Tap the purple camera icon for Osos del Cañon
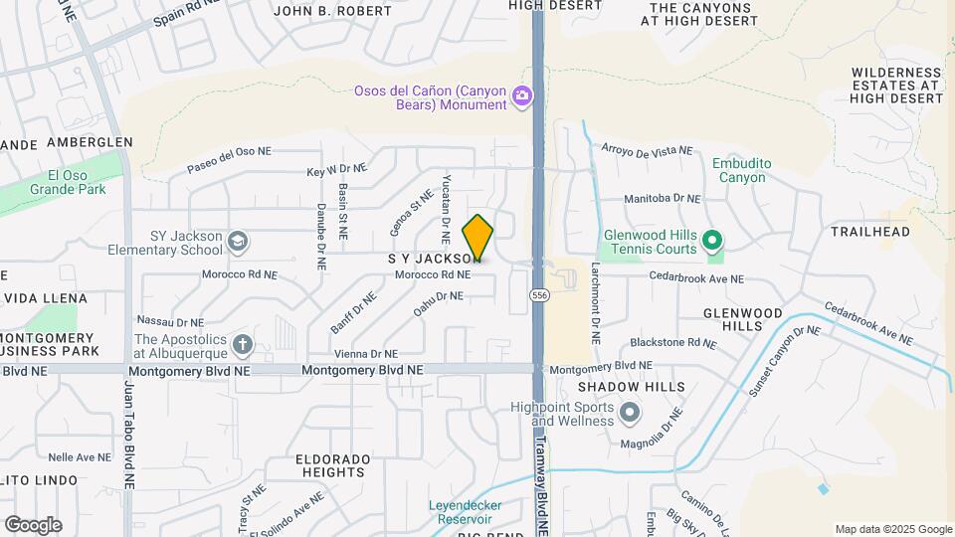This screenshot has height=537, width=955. (x=522, y=96)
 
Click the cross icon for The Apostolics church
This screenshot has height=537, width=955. (x=242, y=345)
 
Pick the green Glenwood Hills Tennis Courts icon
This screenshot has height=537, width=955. (x=712, y=240)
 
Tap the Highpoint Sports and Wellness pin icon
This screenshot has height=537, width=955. (x=630, y=412)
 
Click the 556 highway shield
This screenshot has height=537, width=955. (x=538, y=295)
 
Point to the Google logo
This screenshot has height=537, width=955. (x=33, y=525)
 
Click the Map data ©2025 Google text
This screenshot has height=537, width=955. (x=892, y=529)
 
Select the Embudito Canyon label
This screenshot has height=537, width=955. (x=739, y=171)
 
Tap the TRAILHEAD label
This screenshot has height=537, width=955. (x=870, y=232)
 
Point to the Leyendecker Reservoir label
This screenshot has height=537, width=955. (x=466, y=511)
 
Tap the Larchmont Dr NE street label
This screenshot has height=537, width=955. (x=595, y=303)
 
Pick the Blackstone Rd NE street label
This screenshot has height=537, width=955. (x=672, y=342)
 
